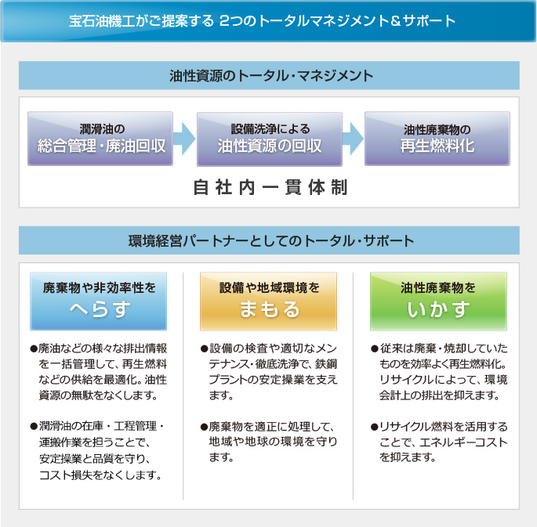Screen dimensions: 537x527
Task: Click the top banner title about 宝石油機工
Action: pos(262,21)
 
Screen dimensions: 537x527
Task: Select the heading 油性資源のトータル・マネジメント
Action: pos(271,76)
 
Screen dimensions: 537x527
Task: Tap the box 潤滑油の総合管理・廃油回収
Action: pos(100,139)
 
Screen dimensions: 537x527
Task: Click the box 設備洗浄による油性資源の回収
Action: pos(270,139)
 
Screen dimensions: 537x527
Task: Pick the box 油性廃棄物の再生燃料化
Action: pos(437,139)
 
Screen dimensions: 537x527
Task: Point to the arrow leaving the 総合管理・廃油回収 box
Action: pos(184,139)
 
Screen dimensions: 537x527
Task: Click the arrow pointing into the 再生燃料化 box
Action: pos(353,139)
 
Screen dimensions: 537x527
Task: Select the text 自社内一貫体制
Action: pos(270,187)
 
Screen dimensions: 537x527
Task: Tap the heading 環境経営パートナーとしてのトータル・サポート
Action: pos(271,240)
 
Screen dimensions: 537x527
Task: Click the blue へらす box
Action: pos(99,301)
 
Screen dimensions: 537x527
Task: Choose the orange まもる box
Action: pos(268,301)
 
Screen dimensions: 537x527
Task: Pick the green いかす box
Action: pos(438,301)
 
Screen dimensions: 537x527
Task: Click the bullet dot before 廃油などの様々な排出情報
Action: pos(34,348)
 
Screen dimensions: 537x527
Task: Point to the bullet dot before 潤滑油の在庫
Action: pos(34,427)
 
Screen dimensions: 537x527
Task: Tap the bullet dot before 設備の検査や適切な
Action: pos(205,348)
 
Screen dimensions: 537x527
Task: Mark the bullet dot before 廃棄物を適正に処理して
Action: pos(205,427)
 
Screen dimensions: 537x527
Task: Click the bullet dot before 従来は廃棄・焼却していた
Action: pos(374,348)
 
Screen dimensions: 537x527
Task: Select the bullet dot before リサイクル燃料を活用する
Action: pos(374,427)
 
